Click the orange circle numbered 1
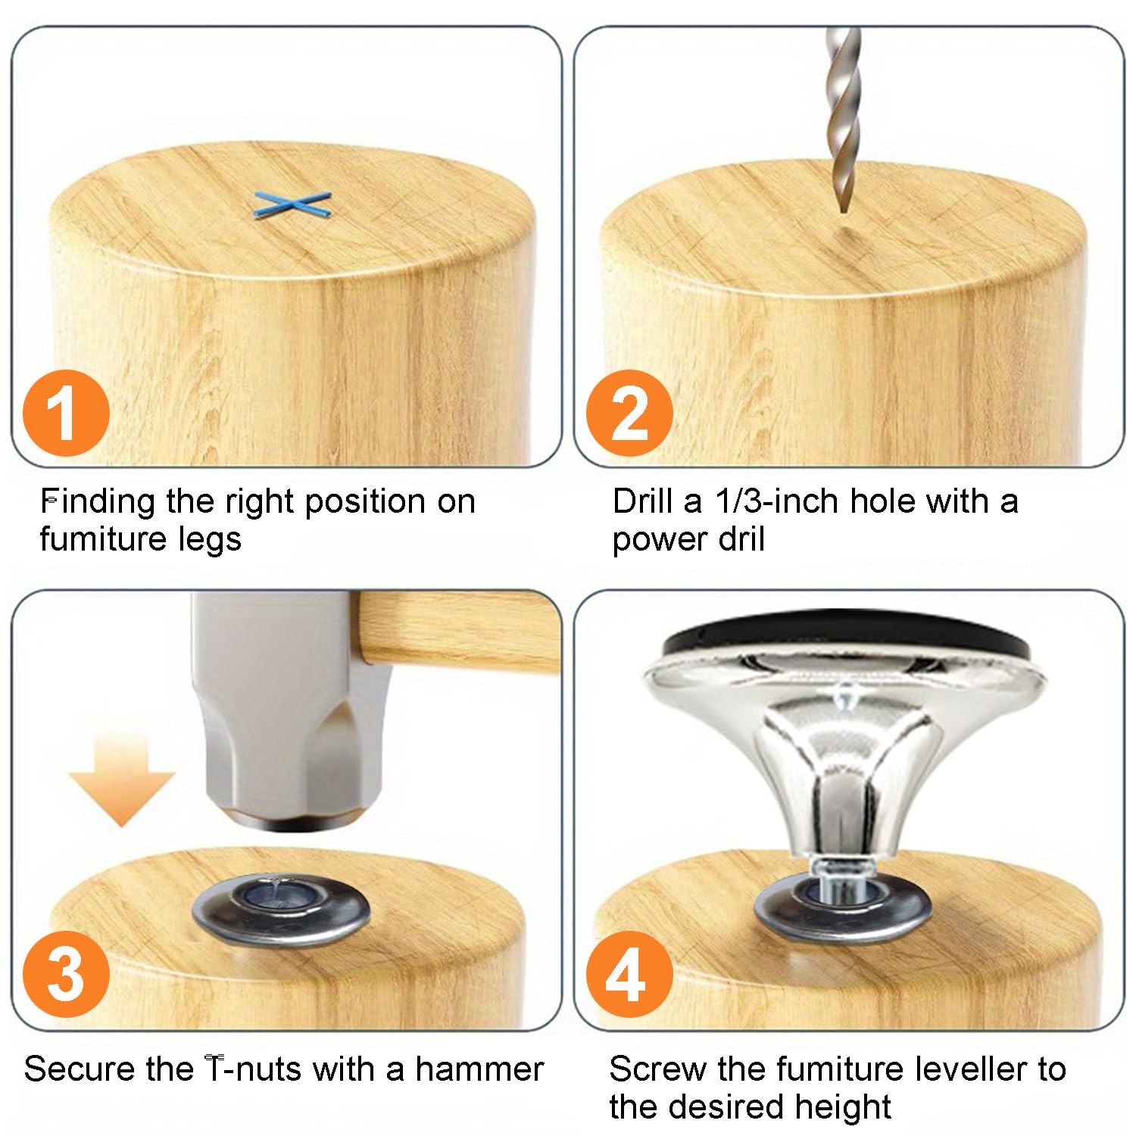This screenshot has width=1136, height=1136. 67,414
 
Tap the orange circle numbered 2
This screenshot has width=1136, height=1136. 630,414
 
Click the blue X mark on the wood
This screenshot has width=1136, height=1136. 292,206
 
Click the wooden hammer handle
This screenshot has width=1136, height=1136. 459,633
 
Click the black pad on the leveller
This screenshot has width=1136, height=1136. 844,641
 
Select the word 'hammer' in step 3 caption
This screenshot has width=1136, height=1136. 479,1069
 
